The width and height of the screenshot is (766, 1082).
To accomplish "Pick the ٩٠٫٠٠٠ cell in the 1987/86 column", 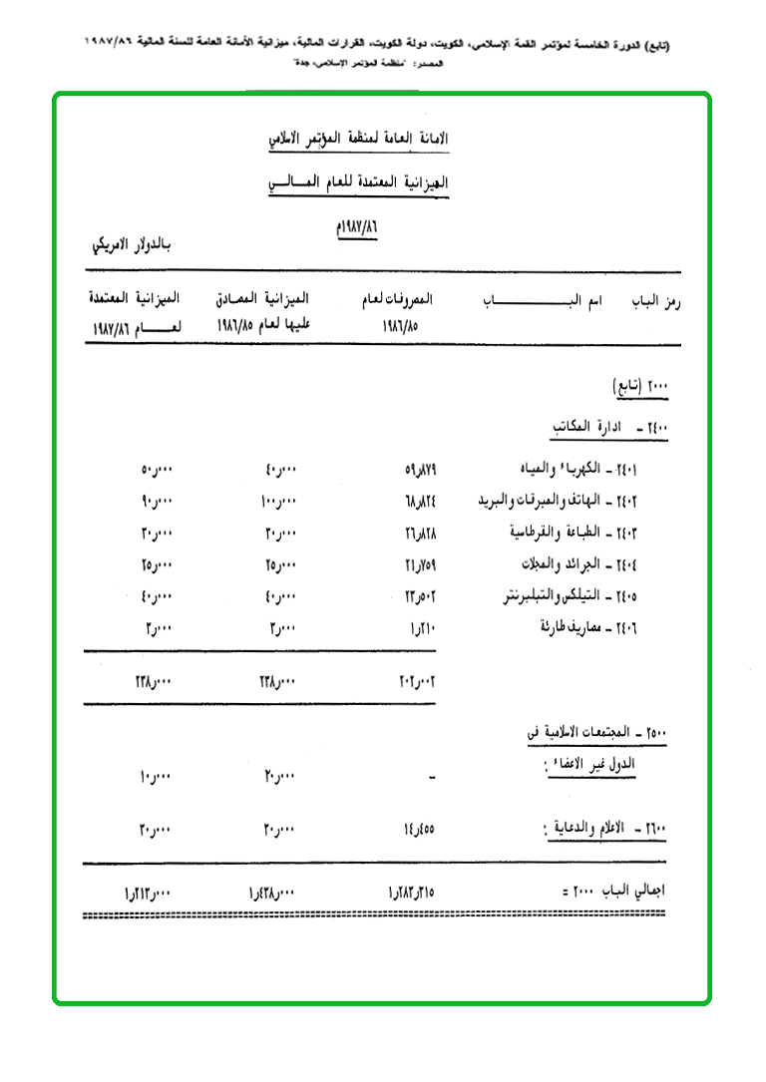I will coord(157,502).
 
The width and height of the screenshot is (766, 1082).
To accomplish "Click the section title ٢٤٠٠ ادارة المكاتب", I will coord(610,427).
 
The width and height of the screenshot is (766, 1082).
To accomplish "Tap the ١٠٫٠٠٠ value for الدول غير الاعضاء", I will coord(157,775).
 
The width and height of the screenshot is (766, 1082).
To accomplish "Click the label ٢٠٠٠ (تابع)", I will coord(638,385).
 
